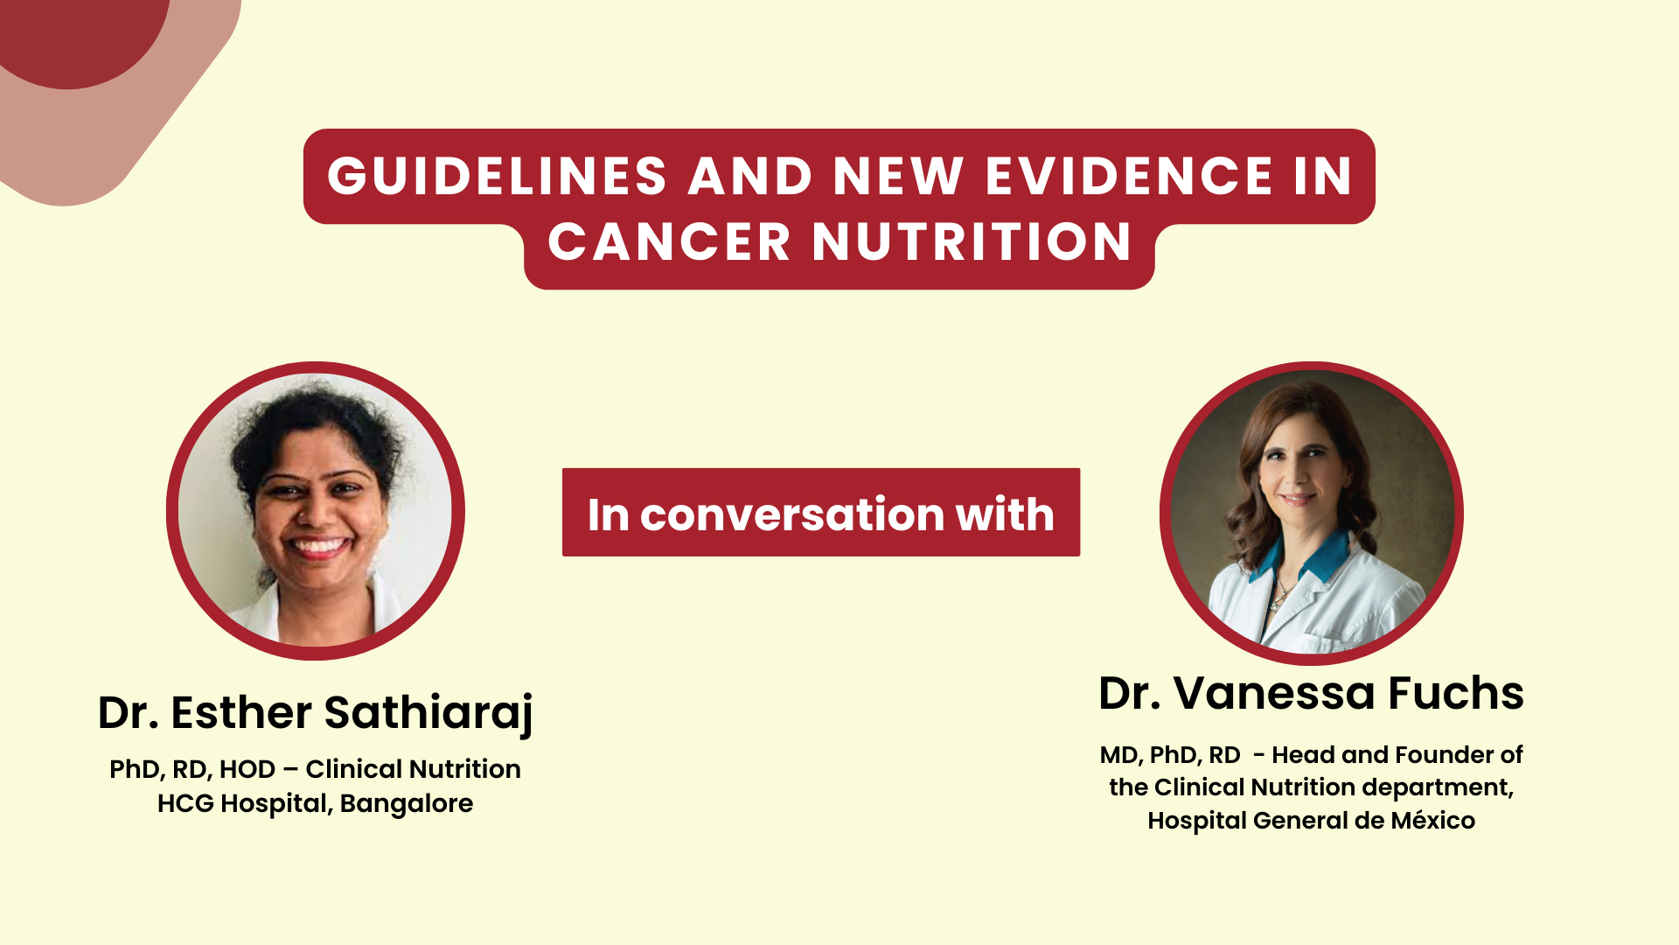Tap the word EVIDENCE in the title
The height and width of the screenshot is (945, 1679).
(x=1129, y=176)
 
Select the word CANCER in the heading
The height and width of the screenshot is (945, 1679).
(x=669, y=242)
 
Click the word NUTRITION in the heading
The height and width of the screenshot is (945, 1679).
(x=972, y=242)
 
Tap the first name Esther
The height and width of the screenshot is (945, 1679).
(x=240, y=712)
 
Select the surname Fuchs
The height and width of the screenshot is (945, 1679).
(x=1455, y=693)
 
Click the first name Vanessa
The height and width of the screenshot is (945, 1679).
(x=1274, y=693)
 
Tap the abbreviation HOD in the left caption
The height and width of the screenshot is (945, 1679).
(x=247, y=769)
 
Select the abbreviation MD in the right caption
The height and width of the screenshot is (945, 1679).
(x=1119, y=755)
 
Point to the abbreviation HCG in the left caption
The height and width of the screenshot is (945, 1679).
(x=185, y=803)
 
